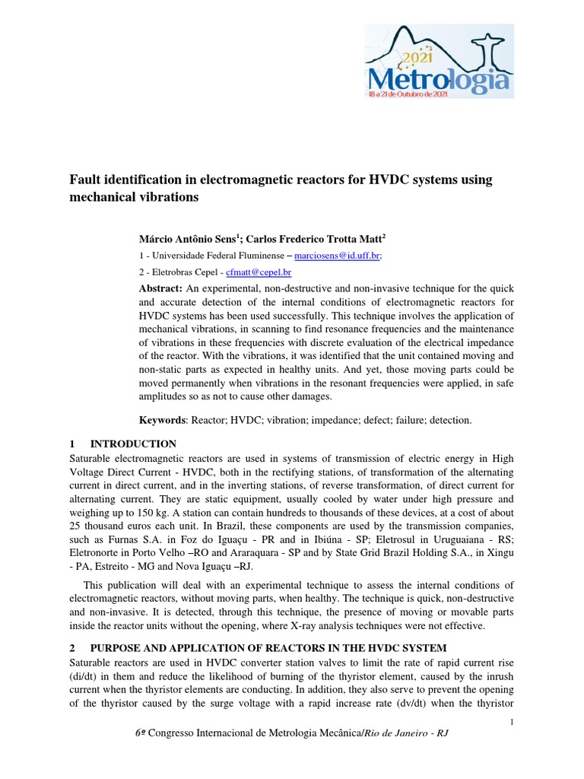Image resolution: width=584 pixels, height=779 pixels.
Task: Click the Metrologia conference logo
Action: click(x=438, y=62)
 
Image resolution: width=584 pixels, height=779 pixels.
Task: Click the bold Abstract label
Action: click(x=160, y=289)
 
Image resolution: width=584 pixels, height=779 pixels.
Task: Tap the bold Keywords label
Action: click(x=163, y=420)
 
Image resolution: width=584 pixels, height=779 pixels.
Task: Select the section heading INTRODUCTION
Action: click(x=133, y=444)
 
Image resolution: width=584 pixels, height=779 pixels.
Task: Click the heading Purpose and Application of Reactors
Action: click(x=268, y=648)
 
